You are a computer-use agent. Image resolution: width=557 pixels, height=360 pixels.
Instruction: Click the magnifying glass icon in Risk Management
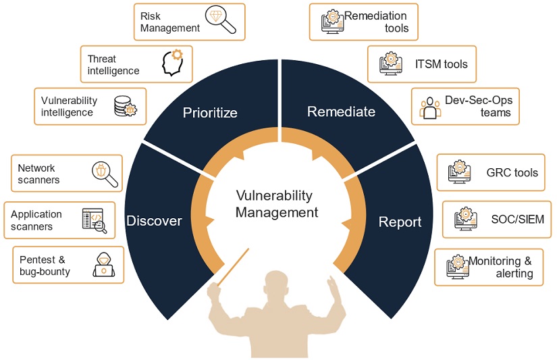tap(221, 20)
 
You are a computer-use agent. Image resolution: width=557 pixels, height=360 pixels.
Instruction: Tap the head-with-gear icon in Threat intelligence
tap(173, 63)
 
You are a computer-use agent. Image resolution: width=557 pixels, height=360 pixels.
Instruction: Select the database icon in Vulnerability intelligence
tap(126, 106)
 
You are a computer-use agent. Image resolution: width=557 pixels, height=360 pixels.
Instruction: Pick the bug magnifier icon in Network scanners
tap(105, 174)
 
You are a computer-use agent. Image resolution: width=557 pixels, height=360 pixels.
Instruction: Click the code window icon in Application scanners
tap(95, 221)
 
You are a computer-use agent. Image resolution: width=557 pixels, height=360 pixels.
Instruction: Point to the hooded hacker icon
tap(104, 265)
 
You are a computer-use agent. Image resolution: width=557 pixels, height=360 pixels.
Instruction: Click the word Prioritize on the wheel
tap(210, 113)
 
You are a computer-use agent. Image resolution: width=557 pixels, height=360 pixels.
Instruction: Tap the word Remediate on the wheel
tap(341, 111)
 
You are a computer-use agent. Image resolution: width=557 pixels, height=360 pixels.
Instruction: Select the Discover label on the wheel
tap(154, 221)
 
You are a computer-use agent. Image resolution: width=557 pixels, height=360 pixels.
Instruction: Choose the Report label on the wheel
tap(400, 222)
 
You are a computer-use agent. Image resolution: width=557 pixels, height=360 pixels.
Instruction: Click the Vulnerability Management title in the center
tap(276, 203)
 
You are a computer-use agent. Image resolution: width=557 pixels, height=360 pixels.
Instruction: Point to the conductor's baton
tap(233, 267)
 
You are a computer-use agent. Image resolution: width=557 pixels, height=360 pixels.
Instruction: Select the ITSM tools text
tap(441, 64)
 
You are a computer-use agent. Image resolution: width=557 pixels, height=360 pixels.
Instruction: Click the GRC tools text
tap(512, 173)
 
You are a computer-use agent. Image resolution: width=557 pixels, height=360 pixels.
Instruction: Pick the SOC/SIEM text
tap(518, 220)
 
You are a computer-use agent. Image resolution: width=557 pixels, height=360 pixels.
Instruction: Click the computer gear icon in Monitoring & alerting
tap(458, 267)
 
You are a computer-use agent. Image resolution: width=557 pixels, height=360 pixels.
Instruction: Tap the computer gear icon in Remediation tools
tap(332, 22)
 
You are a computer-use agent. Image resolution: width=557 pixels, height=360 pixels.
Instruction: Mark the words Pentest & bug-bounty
tap(45, 265)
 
